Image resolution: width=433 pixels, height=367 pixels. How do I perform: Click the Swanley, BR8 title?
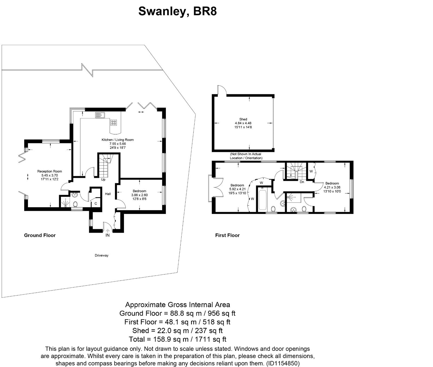tap(177, 12)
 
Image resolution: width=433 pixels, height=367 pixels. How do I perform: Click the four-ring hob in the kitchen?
tap(114, 123)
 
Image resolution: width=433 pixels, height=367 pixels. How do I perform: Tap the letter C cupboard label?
tap(96, 204)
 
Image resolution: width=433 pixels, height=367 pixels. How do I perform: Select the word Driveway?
tap(101, 255)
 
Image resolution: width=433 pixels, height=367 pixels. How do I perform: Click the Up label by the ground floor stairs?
tap(103, 180)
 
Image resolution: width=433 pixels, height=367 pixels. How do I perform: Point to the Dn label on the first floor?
tap(302, 182)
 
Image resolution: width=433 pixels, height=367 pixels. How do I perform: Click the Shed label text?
tap(243, 119)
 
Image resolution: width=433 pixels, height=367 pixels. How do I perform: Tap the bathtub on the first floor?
tap(263, 200)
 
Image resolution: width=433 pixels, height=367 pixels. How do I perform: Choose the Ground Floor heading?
tap(40, 235)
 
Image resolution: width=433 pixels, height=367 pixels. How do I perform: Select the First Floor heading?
tap(227, 235)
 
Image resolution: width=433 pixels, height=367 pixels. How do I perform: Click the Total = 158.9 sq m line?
tap(178, 339)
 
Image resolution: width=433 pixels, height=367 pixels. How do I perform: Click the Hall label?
tap(108, 194)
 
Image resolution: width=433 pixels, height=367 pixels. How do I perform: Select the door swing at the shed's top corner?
tap(221, 90)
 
